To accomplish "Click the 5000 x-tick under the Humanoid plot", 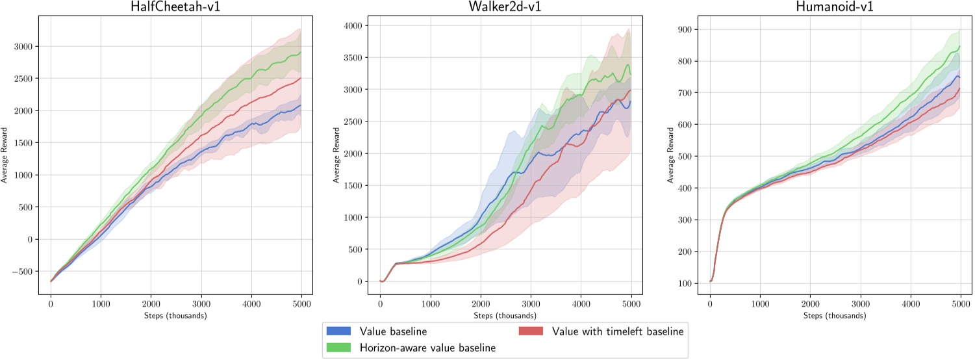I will click(x=960, y=303).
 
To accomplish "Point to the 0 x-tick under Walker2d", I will click(x=380, y=303).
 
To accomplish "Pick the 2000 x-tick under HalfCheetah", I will click(x=151, y=303).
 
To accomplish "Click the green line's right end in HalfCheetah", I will click(x=300, y=53).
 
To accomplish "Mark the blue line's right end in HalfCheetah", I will click(x=300, y=105).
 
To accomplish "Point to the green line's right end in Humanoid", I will click(x=959, y=46).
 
